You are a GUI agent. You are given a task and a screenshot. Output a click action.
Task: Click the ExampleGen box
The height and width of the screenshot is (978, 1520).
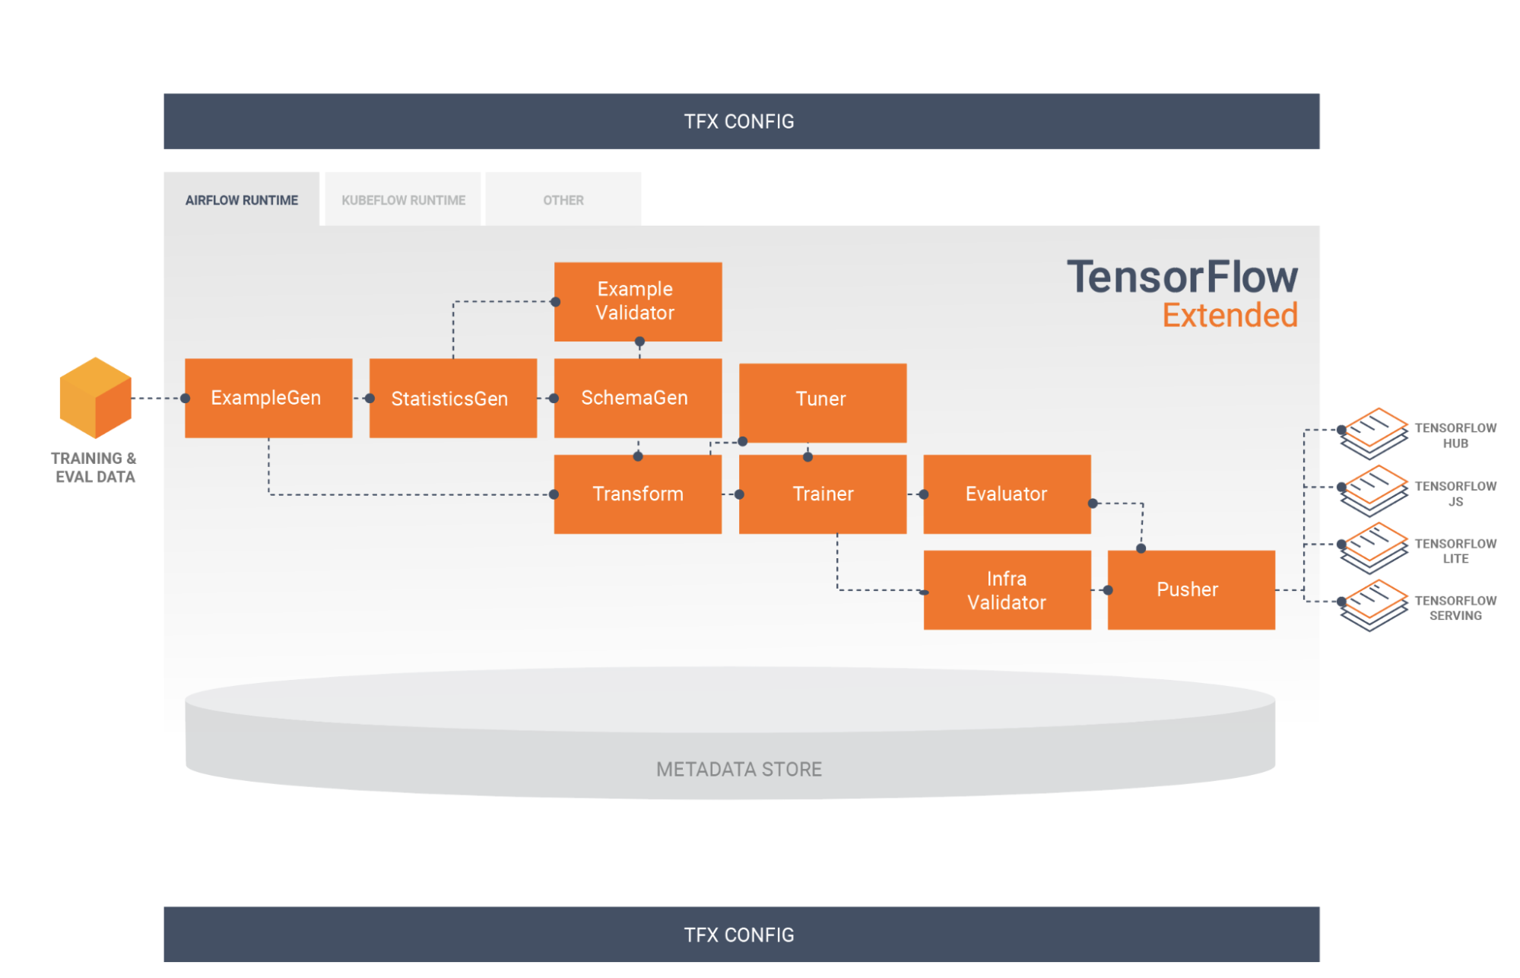pyautogui.click(x=268, y=398)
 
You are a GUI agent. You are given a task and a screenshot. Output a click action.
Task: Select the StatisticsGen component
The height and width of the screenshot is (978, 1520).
pyautogui.click(x=452, y=398)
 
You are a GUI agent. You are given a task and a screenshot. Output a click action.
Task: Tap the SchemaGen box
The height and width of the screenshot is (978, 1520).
pyautogui.click(x=637, y=398)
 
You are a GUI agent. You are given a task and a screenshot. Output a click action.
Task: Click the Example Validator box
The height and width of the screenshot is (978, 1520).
pyautogui.click(x=637, y=301)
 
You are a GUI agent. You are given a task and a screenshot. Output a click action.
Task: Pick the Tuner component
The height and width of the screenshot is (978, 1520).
pyautogui.click(x=822, y=402)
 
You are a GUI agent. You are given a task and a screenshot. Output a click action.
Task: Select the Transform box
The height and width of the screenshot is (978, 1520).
pyautogui.click(x=637, y=494)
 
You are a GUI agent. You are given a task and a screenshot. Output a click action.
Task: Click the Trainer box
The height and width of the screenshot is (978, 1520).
pyautogui.click(x=822, y=494)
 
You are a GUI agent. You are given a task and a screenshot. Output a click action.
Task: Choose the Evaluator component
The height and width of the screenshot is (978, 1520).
pyautogui.click(x=1007, y=494)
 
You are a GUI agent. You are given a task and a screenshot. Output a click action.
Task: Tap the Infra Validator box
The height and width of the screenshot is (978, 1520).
pyautogui.click(x=1007, y=589)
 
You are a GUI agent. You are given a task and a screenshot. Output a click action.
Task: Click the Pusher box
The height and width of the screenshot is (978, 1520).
pyautogui.click(x=1191, y=589)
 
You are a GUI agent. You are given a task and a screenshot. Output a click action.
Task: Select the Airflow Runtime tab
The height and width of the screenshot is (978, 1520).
pyautogui.click(x=242, y=200)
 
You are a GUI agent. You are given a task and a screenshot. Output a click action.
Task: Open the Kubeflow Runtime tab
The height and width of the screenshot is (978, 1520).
pyautogui.click(x=403, y=200)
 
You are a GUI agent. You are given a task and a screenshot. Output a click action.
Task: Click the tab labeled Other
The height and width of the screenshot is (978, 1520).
pyautogui.click(x=563, y=200)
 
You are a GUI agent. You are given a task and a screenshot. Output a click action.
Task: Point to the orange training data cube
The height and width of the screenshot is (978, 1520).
pyautogui.click(x=95, y=398)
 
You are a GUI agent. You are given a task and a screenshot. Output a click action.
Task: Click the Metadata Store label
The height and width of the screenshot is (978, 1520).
pyautogui.click(x=738, y=769)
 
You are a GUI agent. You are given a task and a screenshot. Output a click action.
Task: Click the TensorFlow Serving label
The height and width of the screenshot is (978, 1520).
pyautogui.click(x=1455, y=608)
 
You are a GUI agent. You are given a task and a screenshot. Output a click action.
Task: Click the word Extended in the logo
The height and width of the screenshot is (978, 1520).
pyautogui.click(x=1230, y=315)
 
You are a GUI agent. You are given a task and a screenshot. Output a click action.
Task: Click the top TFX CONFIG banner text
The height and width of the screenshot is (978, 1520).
pyautogui.click(x=738, y=122)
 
